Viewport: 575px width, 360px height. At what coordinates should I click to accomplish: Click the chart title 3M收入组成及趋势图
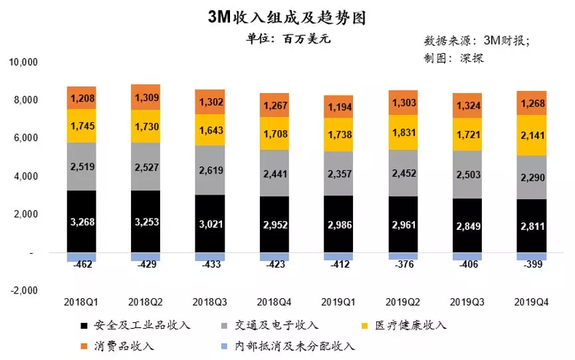287,17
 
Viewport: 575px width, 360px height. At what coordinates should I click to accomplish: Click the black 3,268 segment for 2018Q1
82,221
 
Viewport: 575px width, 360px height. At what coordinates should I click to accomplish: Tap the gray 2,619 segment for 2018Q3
210,169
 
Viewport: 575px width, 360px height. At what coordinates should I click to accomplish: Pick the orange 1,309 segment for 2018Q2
146,98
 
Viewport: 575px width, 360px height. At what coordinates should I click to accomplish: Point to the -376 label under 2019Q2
403,266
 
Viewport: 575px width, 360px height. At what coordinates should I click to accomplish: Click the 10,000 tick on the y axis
24,62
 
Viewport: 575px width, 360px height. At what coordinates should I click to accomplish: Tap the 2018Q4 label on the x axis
275,302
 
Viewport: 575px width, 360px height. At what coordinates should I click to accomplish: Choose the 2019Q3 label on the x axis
467,302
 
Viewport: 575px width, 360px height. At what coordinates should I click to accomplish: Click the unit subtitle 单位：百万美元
288,39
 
